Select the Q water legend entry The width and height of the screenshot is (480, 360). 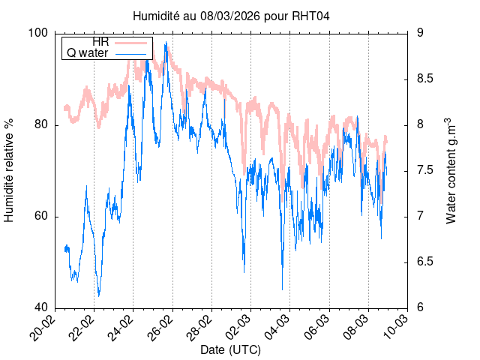(88, 53)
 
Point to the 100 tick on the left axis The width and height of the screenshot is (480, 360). (39, 33)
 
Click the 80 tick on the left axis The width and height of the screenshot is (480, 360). (42, 124)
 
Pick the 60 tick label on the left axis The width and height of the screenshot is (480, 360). (42, 216)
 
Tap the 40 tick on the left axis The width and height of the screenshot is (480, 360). (42, 307)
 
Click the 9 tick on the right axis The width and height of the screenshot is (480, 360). (421, 33)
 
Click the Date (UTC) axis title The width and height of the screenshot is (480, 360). (230, 350)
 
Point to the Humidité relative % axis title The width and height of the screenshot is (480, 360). (10, 170)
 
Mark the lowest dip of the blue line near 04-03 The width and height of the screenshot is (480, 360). (283, 289)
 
